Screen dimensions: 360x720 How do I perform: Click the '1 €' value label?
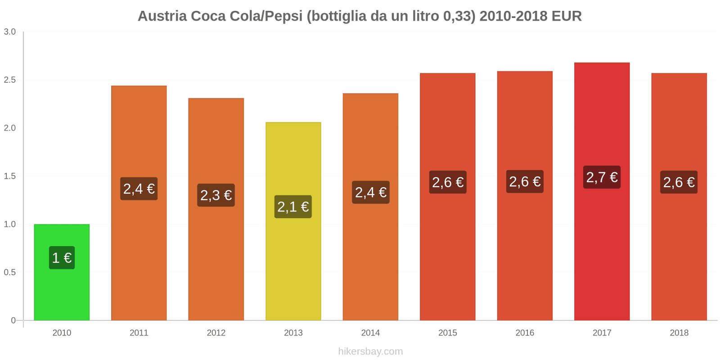click(62, 258)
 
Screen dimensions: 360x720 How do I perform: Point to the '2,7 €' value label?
click(602, 177)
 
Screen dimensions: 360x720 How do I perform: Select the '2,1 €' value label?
click(293, 207)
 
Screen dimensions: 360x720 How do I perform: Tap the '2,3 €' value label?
click(216, 195)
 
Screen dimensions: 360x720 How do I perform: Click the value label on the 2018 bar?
click(679, 182)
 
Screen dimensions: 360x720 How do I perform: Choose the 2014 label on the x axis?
click(370, 333)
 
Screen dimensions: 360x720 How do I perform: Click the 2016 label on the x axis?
click(525, 333)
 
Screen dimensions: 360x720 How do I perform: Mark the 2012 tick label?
click(216, 333)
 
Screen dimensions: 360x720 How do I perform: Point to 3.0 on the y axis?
click(10, 32)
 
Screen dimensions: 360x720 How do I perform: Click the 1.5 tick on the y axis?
click(10, 176)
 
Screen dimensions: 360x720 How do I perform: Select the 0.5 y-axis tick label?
click(10, 273)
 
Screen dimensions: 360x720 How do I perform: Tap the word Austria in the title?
click(162, 16)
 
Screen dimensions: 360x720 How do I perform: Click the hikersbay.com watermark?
click(370, 351)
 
